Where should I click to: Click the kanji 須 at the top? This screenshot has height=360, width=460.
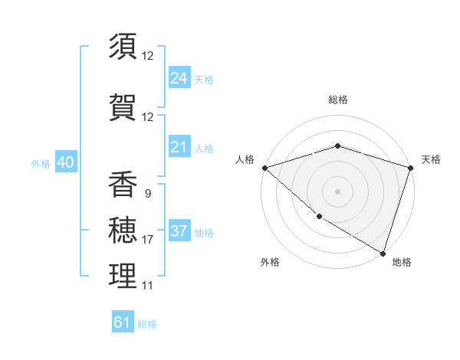[123, 47]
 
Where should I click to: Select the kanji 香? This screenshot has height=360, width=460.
[123, 185]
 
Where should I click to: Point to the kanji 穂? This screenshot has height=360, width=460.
[123, 231]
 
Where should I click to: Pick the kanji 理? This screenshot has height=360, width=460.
[123, 277]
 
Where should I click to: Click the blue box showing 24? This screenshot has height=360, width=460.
[179, 77]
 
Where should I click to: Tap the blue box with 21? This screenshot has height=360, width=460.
[179, 147]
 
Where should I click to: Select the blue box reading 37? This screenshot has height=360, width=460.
[179, 231]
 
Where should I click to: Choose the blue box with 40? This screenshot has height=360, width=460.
[65, 162]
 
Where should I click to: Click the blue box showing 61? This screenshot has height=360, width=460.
[123, 322]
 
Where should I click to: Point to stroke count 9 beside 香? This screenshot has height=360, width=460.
[147, 194]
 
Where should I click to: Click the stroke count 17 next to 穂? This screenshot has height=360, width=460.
[147, 240]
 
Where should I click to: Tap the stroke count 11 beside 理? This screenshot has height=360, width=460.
[147, 286]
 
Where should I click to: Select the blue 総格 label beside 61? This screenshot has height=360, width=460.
[147, 324]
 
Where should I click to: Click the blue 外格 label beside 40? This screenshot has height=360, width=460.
[41, 163]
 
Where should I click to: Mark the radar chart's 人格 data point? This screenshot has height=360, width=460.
[264, 168]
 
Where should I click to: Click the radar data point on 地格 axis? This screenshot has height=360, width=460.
[383, 253]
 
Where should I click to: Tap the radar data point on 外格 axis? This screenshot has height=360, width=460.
[318, 217]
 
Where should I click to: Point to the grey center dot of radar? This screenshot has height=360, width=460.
[337, 191]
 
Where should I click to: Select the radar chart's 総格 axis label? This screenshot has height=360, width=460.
[337, 100]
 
